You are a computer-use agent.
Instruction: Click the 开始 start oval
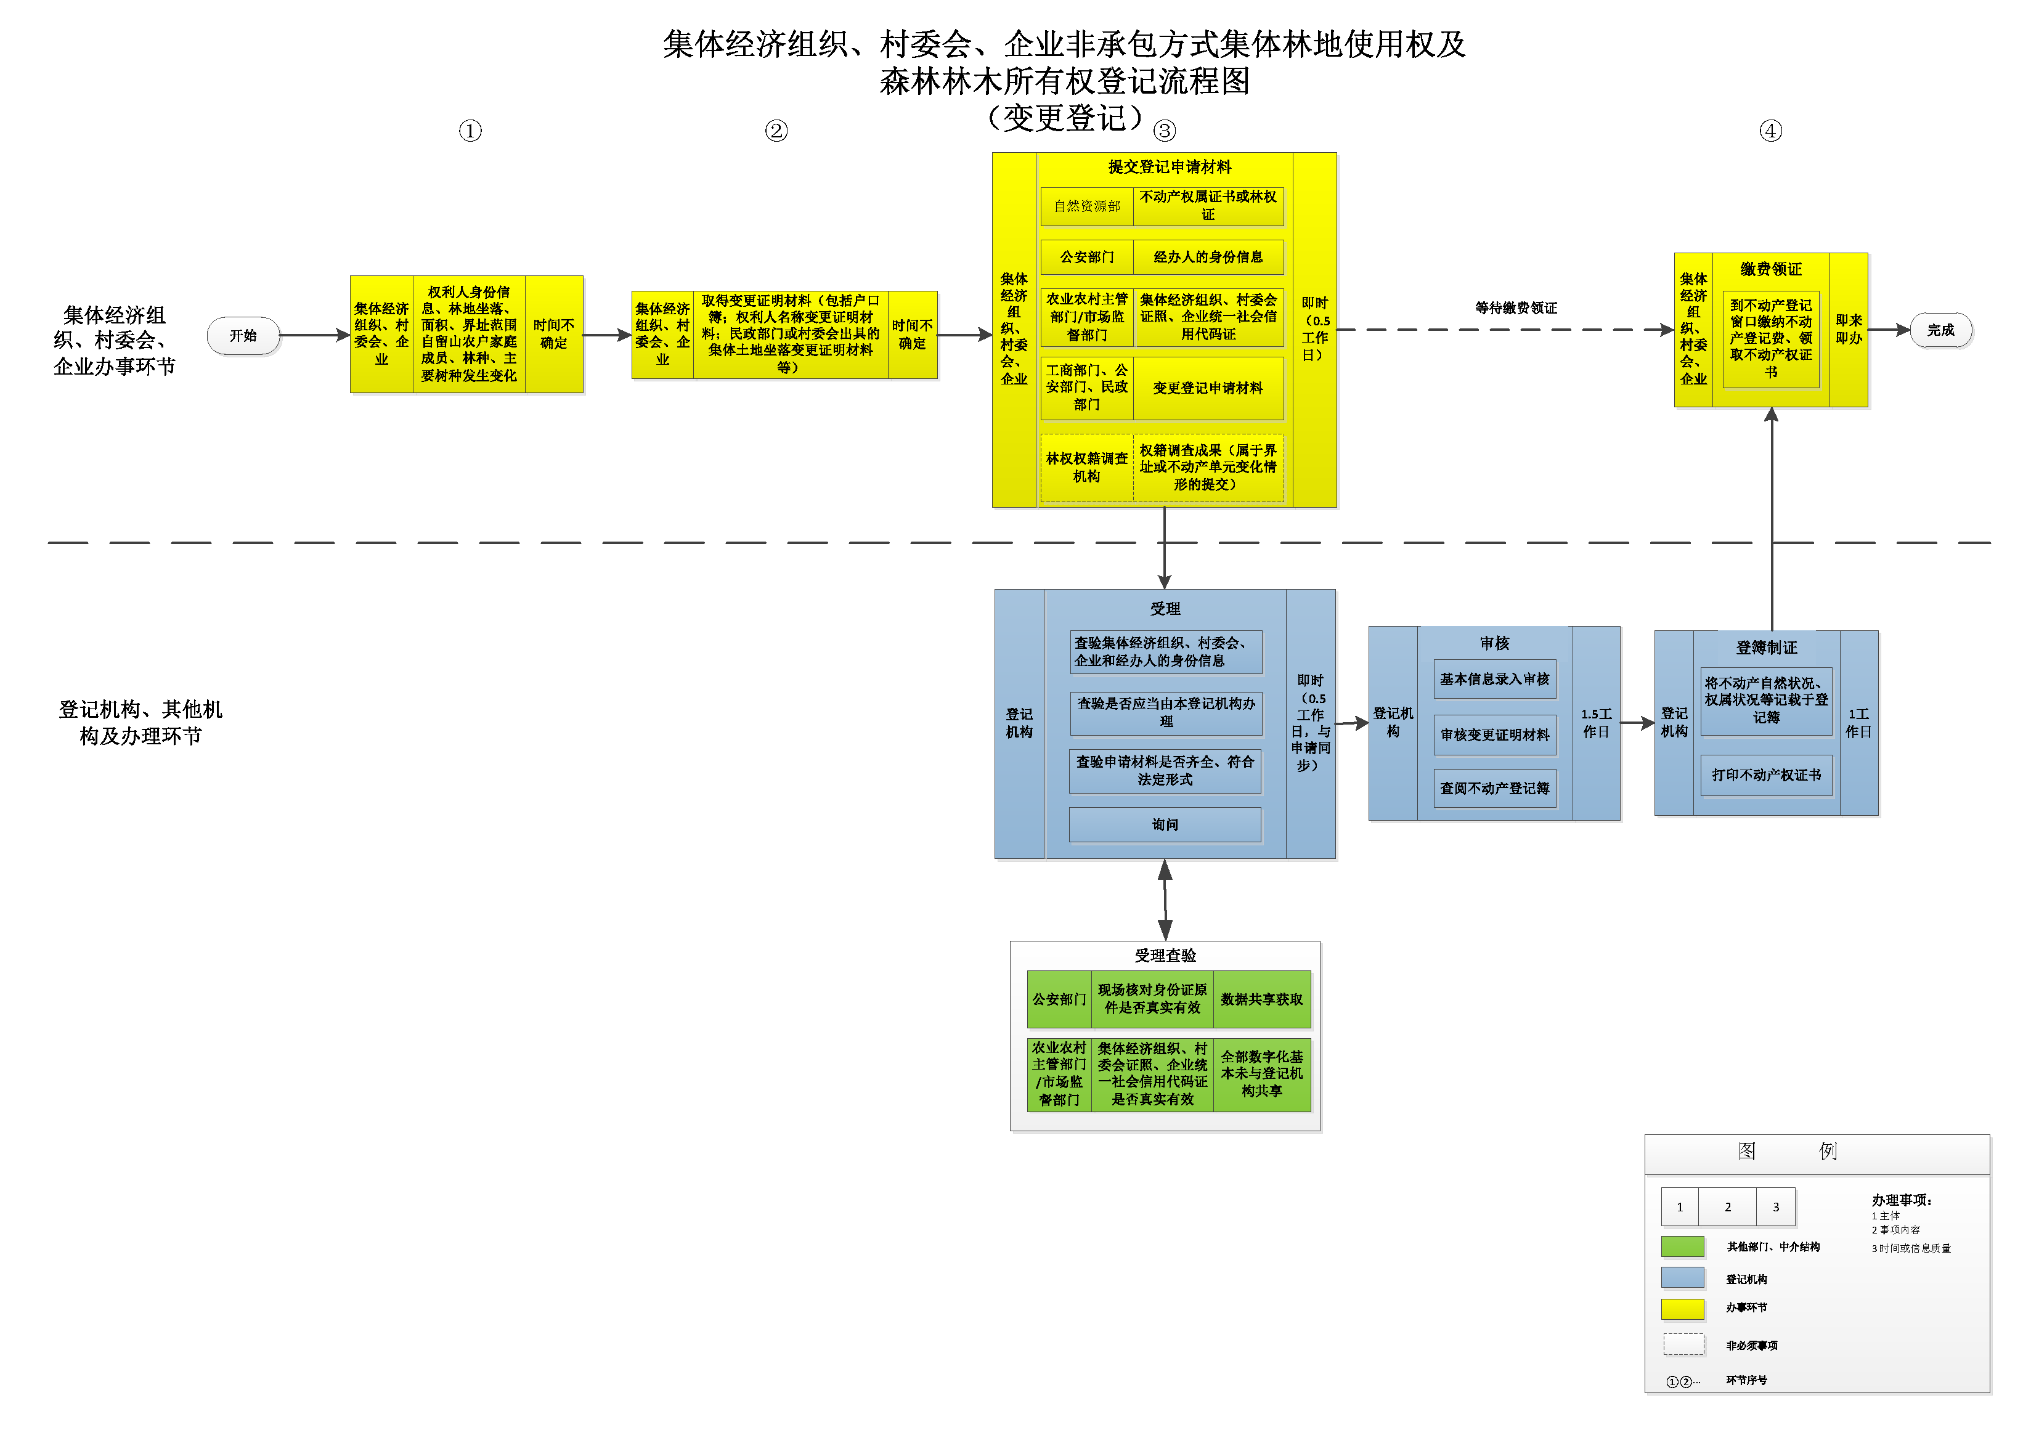coord(243,336)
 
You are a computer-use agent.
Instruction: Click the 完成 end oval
coord(1940,330)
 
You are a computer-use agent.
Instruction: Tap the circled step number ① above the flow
coord(470,131)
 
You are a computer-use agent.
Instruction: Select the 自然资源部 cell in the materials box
coord(1086,206)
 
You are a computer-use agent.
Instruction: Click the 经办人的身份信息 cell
coord(1207,257)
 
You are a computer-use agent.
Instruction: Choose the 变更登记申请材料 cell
coord(1207,388)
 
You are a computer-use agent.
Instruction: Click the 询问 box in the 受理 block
coord(1165,824)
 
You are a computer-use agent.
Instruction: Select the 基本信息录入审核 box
coord(1494,680)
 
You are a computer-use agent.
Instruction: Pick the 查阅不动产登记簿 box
coord(1494,788)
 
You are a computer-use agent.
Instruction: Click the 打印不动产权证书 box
coord(1766,775)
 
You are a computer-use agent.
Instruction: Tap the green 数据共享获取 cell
coord(1261,999)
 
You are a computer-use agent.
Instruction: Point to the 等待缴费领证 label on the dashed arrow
coord(1516,308)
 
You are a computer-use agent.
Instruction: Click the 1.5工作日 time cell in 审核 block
coord(1596,723)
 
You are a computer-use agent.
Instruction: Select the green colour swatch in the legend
coord(1682,1246)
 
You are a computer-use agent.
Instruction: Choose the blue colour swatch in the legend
coord(1682,1278)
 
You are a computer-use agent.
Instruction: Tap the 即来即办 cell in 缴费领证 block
coord(1848,330)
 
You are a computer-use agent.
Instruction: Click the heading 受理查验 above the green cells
coord(1165,955)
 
